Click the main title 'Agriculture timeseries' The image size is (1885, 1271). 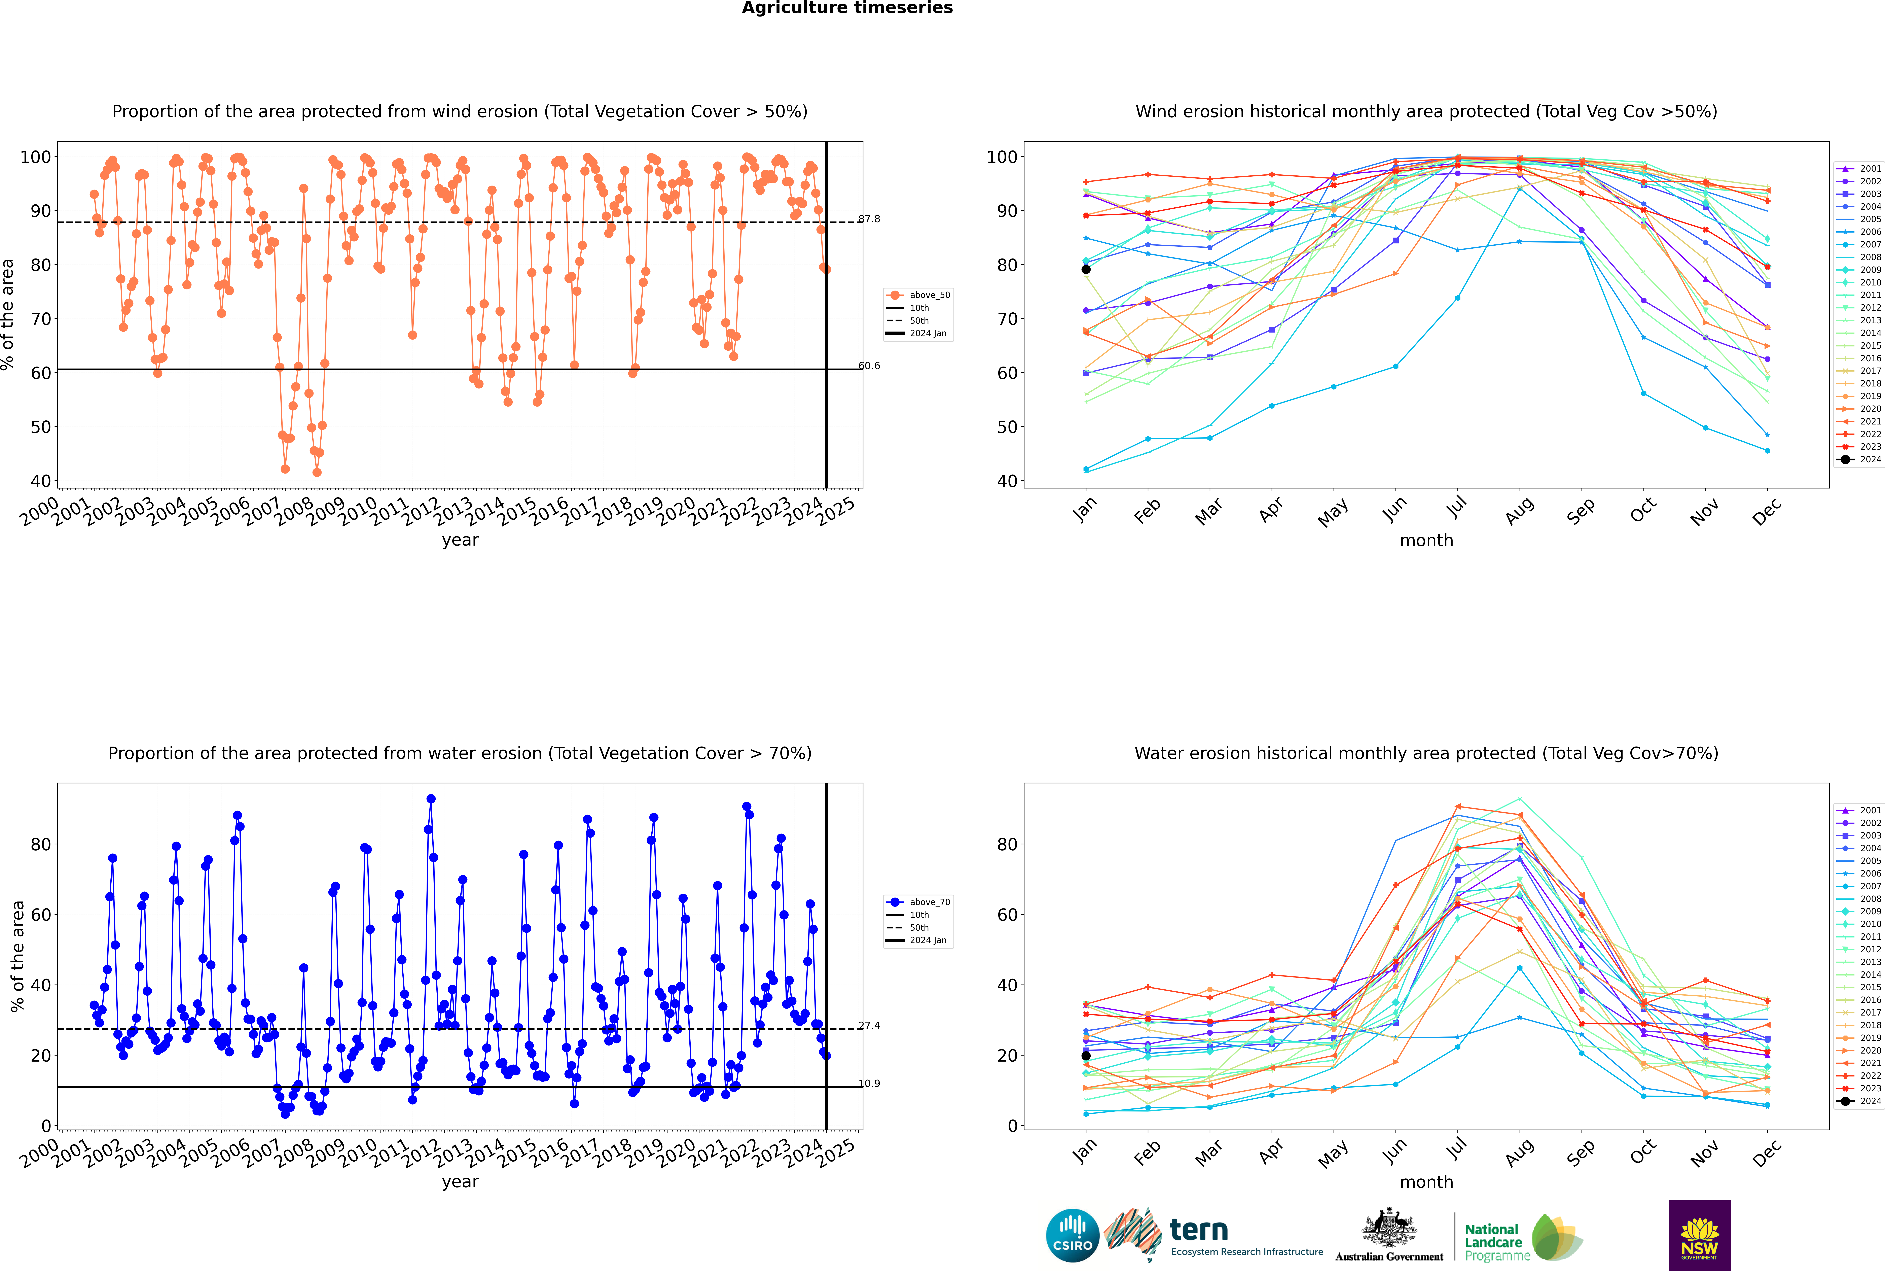[x=847, y=8]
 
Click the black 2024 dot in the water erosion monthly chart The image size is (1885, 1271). [x=1086, y=1055]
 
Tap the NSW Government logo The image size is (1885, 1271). [x=1699, y=1235]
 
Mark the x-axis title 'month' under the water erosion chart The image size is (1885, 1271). [x=1426, y=1182]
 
